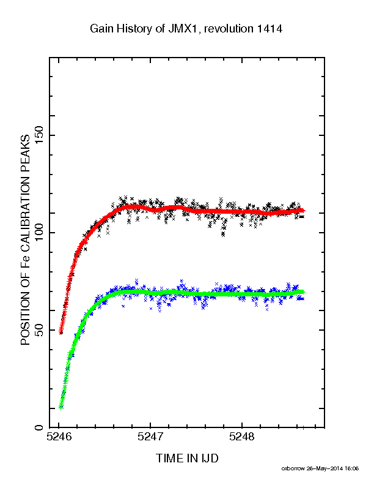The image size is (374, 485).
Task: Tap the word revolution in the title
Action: [x=229, y=29]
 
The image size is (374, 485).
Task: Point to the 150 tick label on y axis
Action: [x=39, y=135]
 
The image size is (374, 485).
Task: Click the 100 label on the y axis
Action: [x=39, y=233]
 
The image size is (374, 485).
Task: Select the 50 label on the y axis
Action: [x=39, y=329]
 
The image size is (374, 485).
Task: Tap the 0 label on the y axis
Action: [x=39, y=427]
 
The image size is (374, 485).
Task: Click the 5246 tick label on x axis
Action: [x=59, y=437]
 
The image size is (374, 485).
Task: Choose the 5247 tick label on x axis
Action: [x=150, y=437]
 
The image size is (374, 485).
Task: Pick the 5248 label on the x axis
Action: [x=242, y=437]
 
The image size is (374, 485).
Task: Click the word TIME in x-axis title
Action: [x=169, y=458]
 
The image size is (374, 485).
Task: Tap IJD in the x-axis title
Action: [x=210, y=458]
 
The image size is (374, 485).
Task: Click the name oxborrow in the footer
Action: [x=293, y=468]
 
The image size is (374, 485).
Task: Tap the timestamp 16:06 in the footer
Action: [x=352, y=468]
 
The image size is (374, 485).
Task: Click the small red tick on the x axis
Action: [x=304, y=428]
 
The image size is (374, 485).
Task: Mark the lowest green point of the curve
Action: [x=61, y=407]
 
